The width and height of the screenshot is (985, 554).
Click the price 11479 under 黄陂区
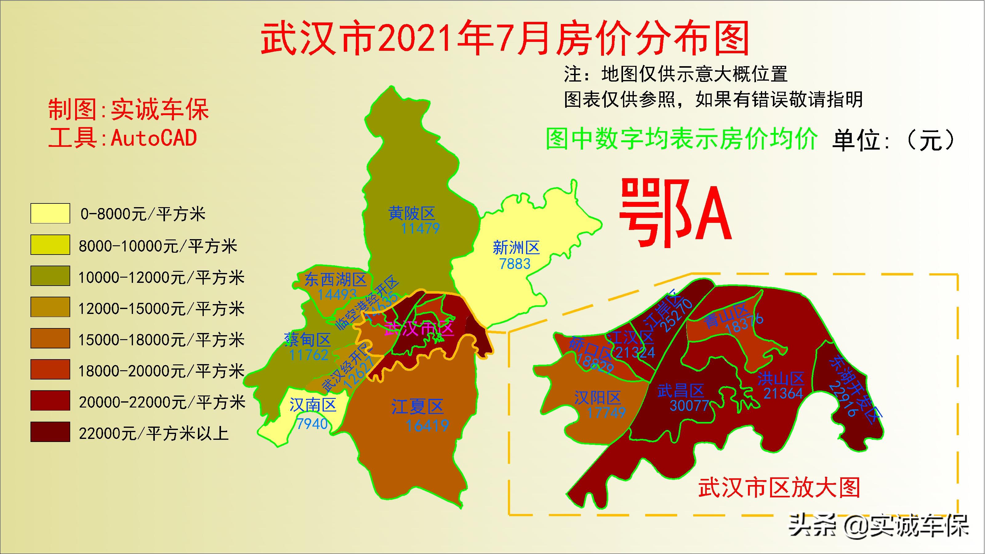click(x=420, y=229)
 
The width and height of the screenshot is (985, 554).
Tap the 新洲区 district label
click(x=516, y=248)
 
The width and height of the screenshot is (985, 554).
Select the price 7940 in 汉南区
click(x=312, y=424)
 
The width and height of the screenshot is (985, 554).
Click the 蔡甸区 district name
click(x=308, y=339)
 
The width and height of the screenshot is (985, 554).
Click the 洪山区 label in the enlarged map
click(x=781, y=379)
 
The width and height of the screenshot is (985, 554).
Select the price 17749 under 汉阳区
click(x=606, y=412)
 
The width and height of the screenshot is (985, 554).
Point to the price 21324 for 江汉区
click(x=635, y=352)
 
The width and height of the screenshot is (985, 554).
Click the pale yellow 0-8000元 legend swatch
click(x=50, y=213)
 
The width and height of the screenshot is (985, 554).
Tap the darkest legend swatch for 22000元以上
click(x=50, y=432)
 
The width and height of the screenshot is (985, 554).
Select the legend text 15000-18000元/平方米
click(x=161, y=340)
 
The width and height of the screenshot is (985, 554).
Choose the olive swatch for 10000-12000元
click(x=50, y=276)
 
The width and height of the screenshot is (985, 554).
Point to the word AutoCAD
click(x=154, y=138)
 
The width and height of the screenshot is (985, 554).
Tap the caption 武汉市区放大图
click(x=779, y=488)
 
